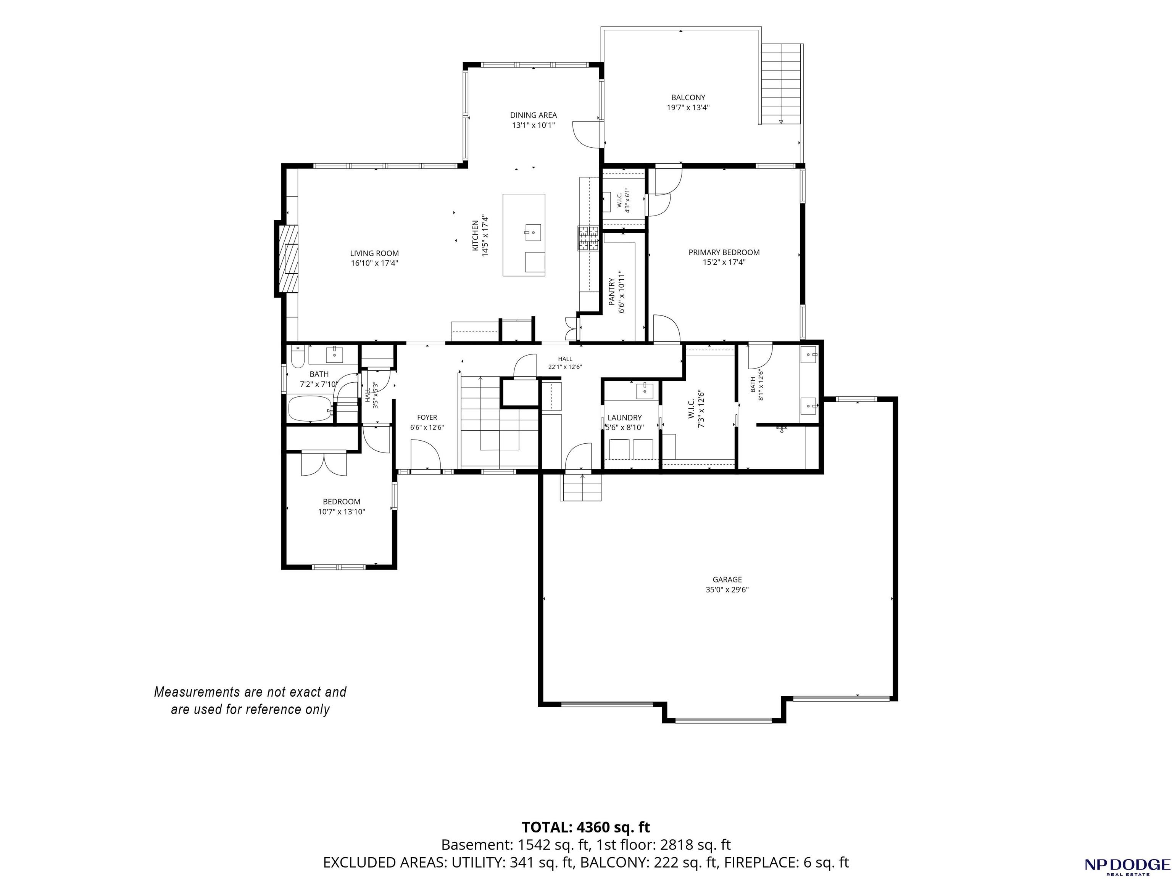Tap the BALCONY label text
point(688,97)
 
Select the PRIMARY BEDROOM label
point(724,253)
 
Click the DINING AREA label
point(533,115)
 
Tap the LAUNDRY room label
point(625,418)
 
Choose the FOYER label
point(427,418)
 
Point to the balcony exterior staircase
point(781,84)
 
